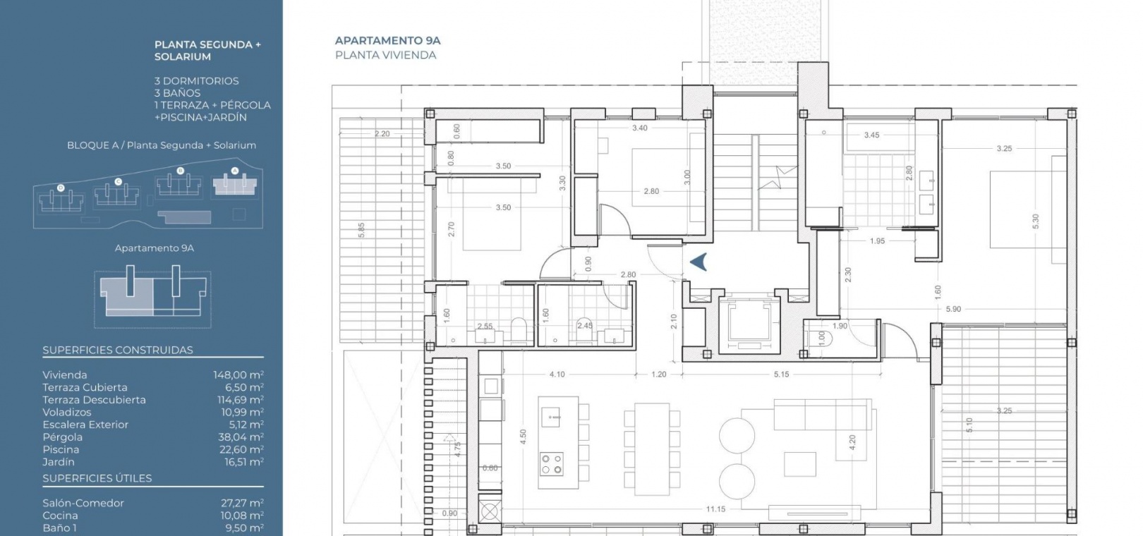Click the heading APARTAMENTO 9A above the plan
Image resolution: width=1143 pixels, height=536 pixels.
[387, 41]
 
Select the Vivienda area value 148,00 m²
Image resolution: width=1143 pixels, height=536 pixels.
[238, 374]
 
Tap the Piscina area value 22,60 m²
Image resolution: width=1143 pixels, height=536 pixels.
[241, 449]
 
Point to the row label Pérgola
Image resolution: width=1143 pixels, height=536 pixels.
[62, 437]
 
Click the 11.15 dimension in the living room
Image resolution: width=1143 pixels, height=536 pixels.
[715, 509]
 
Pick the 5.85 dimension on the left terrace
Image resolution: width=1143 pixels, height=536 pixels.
[361, 230]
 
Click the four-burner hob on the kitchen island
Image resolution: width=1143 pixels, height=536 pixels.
[552, 464]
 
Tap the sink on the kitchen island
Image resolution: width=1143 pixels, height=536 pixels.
[550, 418]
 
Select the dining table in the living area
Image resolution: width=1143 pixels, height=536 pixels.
[652, 449]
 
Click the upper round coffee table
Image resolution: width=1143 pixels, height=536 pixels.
[737, 436]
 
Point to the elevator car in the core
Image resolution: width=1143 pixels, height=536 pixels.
[749, 324]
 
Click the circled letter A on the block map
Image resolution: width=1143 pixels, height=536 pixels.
[235, 171]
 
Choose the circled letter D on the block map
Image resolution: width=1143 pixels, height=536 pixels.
[61, 188]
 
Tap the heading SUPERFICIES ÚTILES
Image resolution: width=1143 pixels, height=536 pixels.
[97, 478]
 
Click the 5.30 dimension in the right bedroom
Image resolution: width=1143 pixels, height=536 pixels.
[1035, 221]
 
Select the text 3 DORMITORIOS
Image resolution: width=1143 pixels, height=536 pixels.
[196, 81]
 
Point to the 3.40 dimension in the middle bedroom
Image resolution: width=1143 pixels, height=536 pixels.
[640, 128]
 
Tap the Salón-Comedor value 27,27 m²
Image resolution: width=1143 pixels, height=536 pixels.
[243, 504]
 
